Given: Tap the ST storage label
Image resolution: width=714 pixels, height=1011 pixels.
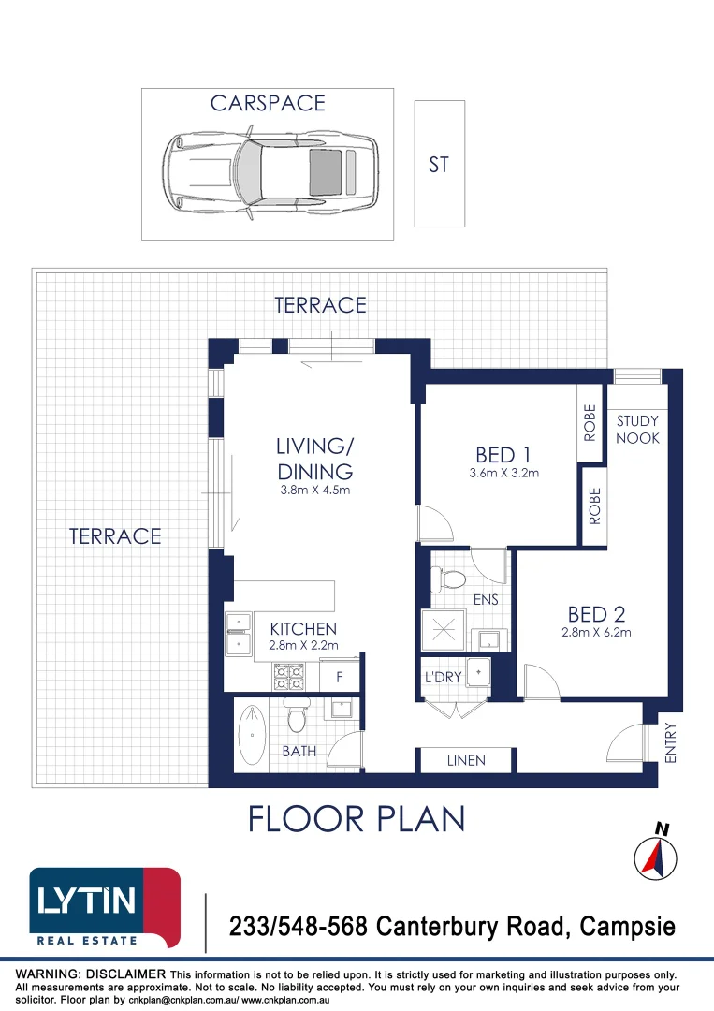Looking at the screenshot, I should [439, 165].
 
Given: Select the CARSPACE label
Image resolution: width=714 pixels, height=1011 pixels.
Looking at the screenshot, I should [268, 103].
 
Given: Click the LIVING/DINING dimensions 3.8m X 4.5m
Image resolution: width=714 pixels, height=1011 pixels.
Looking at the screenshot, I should [314, 491].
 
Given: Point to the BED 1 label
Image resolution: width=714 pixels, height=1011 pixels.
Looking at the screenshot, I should [496, 455].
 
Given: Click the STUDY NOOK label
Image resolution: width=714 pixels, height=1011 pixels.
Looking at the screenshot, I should [637, 430].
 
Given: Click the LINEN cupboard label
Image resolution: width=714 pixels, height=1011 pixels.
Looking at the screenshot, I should [466, 760].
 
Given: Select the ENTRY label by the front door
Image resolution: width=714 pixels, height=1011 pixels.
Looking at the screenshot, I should [669, 742].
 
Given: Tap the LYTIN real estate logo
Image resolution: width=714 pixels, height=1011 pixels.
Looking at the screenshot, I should [105, 906].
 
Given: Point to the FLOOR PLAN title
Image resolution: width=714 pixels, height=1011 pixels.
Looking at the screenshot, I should [357, 818].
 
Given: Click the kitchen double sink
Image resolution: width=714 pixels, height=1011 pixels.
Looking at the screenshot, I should [239, 633].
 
